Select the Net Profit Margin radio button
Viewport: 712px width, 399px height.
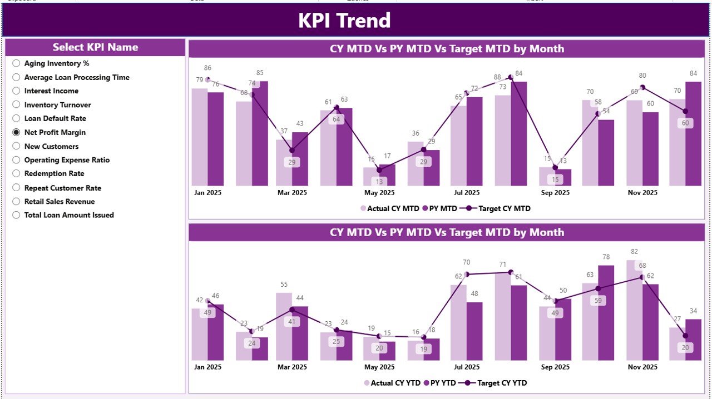pyautogui.click(x=16, y=132)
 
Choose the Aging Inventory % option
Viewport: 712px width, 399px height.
pyautogui.click(x=16, y=63)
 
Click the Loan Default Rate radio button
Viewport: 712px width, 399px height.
pyautogui.click(x=16, y=118)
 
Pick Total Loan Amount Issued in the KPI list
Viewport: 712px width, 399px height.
pyautogui.click(x=16, y=215)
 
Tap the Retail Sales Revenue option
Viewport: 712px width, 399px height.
pyautogui.click(x=16, y=201)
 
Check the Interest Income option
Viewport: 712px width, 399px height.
pyautogui.click(x=16, y=91)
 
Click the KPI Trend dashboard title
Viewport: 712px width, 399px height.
pyautogui.click(x=344, y=21)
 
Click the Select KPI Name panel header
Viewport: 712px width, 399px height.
pyautogui.click(x=95, y=47)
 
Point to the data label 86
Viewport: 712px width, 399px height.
pyautogui.click(x=207, y=68)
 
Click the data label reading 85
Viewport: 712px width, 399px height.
pyautogui.click(x=260, y=73)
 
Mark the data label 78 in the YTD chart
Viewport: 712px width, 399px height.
pyautogui.click(x=606, y=257)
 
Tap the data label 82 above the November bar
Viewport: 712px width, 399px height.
pyautogui.click(x=634, y=252)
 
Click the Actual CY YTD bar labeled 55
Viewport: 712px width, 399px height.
pyautogui.click(x=284, y=328)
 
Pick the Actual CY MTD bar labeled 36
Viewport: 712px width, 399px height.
pyautogui.click(x=415, y=164)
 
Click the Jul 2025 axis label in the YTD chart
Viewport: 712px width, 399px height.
pyautogui.click(x=466, y=367)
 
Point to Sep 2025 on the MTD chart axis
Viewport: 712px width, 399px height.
pyautogui.click(x=555, y=193)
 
